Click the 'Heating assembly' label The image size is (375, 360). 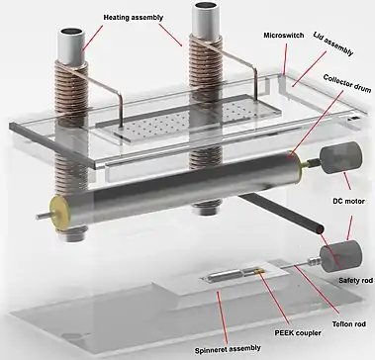coord(134,18)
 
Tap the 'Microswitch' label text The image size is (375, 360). coord(284,36)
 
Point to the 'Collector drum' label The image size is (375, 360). coord(347,84)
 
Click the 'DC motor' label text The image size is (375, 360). coord(347,201)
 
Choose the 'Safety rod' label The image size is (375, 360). coord(355,281)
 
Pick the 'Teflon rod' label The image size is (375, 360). coord(348,324)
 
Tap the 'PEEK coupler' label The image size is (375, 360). coord(297,332)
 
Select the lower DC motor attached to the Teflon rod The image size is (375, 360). coord(340,256)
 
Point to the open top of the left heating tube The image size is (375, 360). coord(73,33)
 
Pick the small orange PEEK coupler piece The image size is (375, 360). coord(260,272)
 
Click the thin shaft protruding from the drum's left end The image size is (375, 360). coord(43,216)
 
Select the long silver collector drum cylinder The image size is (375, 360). coord(176,190)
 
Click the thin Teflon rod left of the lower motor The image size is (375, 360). coord(295,266)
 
